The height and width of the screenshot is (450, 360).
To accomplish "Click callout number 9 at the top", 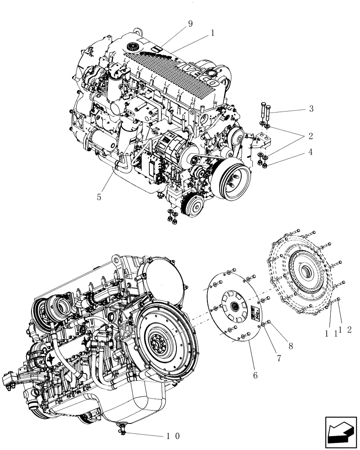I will click(190, 24).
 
